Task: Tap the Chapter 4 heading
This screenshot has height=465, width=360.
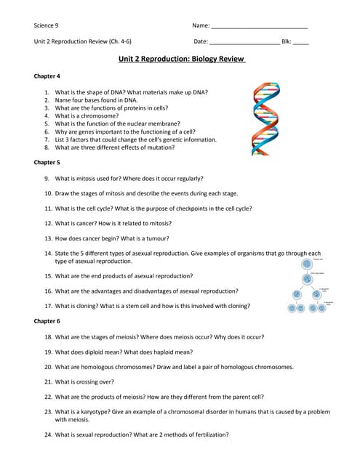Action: [x=47, y=76]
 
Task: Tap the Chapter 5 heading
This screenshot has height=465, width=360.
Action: [x=47, y=162]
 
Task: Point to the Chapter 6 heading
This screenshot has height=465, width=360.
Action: [x=47, y=320]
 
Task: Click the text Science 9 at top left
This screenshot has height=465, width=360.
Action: [x=47, y=25]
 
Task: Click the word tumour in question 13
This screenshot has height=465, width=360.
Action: [x=157, y=238]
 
